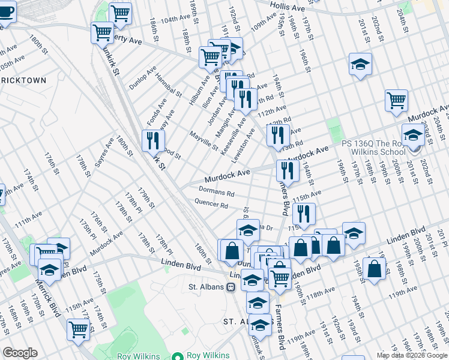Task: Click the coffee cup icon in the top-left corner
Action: pyautogui.click(x=6, y=11)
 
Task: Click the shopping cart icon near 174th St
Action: pyautogui.click(x=79, y=329)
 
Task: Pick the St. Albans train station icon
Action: pyautogui.click(x=230, y=287)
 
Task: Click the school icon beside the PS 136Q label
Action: pyautogui.click(x=412, y=136)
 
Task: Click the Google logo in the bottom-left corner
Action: pyautogui.click(x=20, y=353)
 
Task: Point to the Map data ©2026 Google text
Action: pyautogui.click(x=412, y=355)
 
